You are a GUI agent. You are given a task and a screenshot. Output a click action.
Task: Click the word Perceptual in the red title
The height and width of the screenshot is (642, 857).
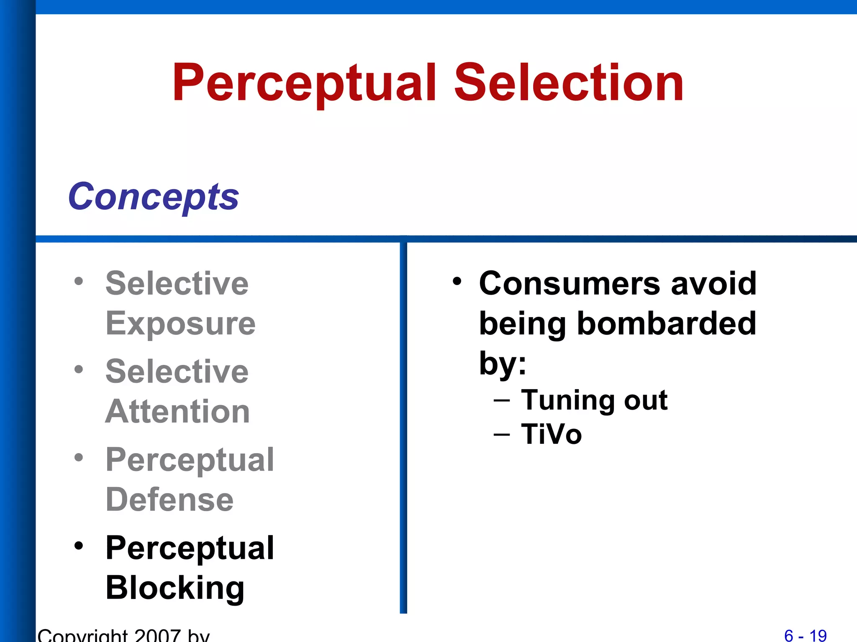(x=305, y=83)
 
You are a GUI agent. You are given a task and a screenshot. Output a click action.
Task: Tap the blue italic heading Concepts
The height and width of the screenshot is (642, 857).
(x=153, y=196)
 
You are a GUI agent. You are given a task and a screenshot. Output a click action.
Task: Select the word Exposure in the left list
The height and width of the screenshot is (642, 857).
(x=180, y=324)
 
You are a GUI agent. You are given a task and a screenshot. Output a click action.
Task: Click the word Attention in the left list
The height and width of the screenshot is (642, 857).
(x=177, y=411)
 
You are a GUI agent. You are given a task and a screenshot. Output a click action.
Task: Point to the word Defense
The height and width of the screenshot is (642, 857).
(x=169, y=499)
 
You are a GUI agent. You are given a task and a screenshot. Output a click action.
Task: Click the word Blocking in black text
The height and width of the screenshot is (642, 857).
(x=175, y=588)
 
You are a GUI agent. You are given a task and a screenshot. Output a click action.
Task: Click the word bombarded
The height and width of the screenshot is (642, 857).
(x=666, y=324)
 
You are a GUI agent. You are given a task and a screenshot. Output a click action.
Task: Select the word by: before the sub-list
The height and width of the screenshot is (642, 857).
(x=502, y=363)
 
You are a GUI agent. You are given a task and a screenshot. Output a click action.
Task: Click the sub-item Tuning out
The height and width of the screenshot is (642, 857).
(x=594, y=400)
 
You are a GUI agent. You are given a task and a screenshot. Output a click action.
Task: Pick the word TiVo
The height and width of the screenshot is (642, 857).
(x=551, y=434)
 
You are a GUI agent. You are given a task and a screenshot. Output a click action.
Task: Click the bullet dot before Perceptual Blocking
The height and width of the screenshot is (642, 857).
(x=79, y=546)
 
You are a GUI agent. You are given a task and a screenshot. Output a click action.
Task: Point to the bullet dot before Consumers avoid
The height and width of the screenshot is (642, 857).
(x=457, y=281)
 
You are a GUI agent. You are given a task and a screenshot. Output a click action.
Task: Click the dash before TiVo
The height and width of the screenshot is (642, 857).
(x=501, y=435)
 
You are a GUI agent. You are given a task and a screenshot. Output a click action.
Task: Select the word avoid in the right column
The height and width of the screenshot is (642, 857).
(x=713, y=283)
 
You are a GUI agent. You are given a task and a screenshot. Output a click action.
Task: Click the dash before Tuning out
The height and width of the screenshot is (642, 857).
(x=501, y=400)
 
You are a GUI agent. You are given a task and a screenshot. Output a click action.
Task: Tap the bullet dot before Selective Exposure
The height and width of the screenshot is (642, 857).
(x=79, y=281)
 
